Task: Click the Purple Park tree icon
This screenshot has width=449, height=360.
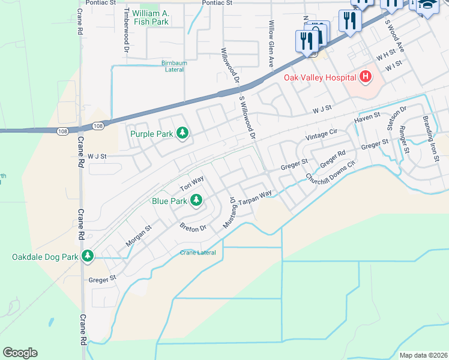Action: coord(182,133)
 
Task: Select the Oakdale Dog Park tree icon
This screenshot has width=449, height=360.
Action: coord(88,256)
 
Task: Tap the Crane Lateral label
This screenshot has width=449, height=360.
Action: coord(197,253)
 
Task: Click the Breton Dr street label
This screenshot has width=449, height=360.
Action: coord(193,227)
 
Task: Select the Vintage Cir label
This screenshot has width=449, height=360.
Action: coord(322,134)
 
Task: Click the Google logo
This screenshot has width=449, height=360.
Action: coord(20,353)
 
